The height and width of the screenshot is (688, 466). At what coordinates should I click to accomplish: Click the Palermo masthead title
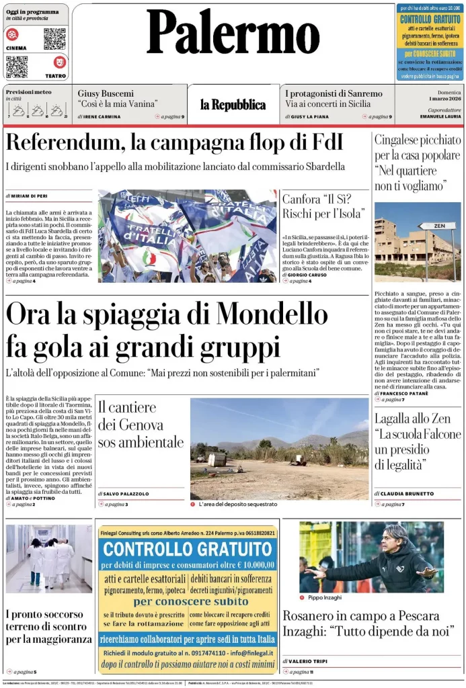click(x=233, y=34)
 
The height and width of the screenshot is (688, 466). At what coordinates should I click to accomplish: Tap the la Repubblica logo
click(x=233, y=104)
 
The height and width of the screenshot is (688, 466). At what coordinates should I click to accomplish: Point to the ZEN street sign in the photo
click(x=436, y=226)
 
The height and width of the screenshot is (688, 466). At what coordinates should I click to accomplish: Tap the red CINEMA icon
click(x=12, y=34)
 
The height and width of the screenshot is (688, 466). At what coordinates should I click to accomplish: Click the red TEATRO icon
click(x=59, y=62)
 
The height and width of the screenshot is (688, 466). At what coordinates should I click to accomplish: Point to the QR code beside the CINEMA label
click(x=54, y=38)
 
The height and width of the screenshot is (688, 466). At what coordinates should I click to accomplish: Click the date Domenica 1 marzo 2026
click(x=444, y=96)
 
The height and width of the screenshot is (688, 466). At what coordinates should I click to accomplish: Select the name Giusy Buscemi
click(x=106, y=93)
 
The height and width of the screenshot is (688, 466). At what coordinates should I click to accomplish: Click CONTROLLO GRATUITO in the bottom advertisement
click(x=188, y=548)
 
